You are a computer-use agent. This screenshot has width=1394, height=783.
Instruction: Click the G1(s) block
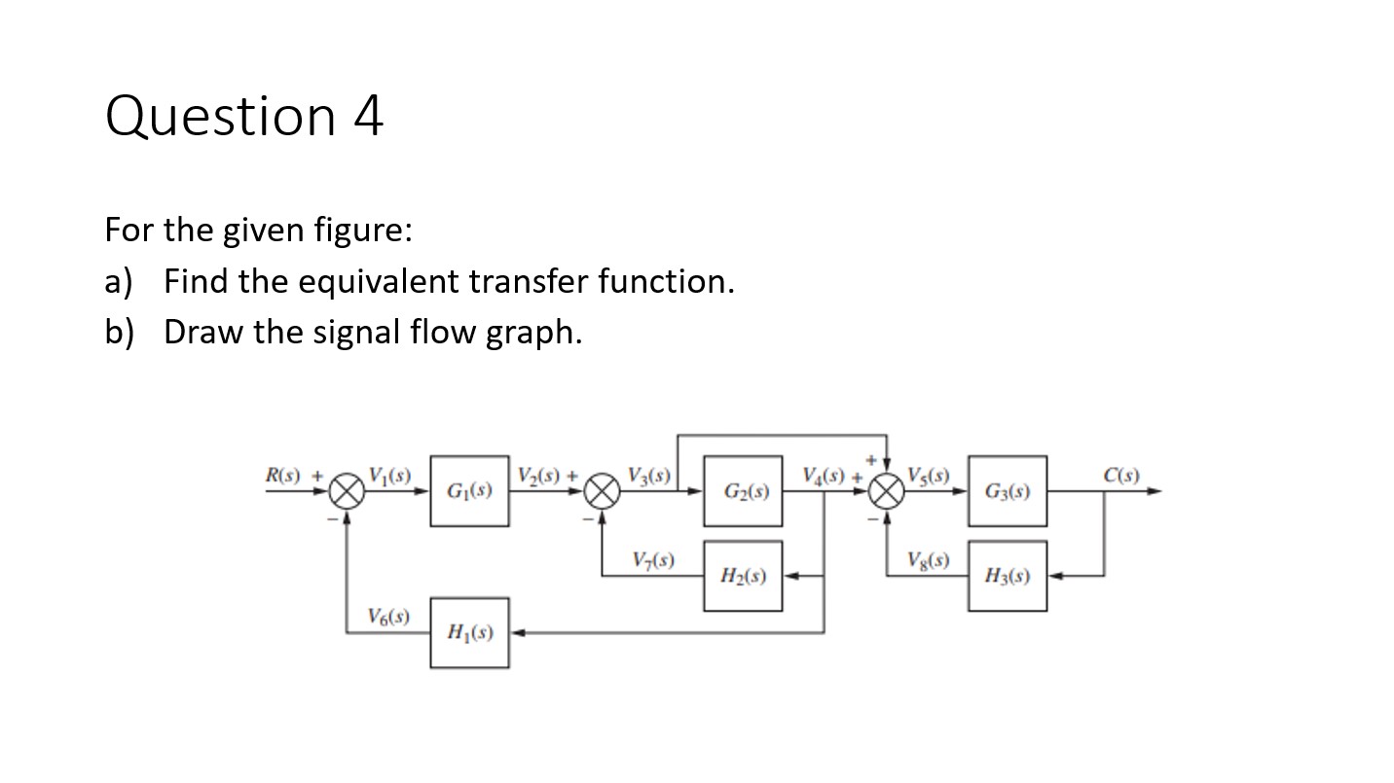click(469, 491)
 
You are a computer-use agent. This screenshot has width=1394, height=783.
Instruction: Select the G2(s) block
click(743, 491)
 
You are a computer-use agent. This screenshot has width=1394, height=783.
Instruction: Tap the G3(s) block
click(1007, 491)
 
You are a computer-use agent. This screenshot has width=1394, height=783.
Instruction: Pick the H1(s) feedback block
click(469, 633)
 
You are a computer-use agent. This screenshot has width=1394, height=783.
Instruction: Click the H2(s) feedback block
click(743, 576)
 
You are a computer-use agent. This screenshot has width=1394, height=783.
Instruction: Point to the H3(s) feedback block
click(1007, 576)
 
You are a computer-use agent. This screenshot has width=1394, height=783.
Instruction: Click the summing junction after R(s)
click(346, 492)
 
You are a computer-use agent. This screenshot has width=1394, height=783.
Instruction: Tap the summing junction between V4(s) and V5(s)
click(885, 492)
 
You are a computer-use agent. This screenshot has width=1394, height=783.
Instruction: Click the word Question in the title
click(221, 117)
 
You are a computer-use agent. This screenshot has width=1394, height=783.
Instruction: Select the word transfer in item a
click(529, 282)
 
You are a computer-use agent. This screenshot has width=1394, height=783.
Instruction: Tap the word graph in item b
click(536, 333)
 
